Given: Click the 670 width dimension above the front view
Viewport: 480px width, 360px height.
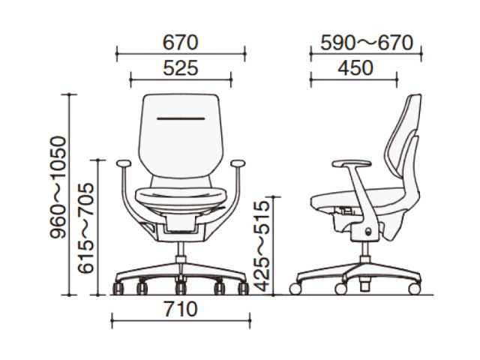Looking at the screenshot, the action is (x=180, y=43).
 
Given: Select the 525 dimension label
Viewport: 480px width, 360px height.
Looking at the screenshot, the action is (x=181, y=68).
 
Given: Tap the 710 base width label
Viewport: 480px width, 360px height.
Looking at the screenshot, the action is (x=181, y=309).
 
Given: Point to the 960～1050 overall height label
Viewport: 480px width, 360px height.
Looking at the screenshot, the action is (x=58, y=187).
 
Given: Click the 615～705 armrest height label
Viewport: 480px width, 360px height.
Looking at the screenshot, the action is (x=85, y=228).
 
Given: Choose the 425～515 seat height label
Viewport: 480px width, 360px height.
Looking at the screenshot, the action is (x=262, y=247).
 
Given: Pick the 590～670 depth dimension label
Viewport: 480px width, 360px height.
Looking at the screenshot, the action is (x=367, y=43).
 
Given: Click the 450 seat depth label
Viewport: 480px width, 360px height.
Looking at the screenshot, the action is (x=355, y=68).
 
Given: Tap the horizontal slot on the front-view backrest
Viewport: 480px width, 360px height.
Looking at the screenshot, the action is (x=181, y=118).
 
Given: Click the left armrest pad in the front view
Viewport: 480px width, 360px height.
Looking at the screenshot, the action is (x=123, y=163).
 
